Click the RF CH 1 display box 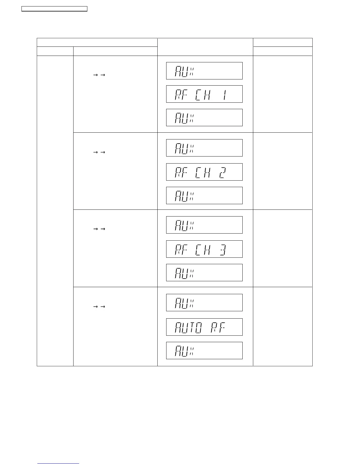tap(204, 94)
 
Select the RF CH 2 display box tap(204, 172)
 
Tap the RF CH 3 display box tap(204, 249)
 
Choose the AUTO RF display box tap(204, 327)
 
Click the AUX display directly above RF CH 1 tap(204, 71)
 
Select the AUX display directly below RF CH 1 tap(204, 117)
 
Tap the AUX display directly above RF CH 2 tap(204, 148)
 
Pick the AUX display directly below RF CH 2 tap(204, 195)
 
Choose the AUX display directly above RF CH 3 tap(204, 225)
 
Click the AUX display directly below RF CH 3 tap(204, 272)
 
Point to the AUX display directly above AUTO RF tap(204, 302)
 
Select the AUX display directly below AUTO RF tap(204, 350)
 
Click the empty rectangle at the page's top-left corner tap(54, 9)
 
